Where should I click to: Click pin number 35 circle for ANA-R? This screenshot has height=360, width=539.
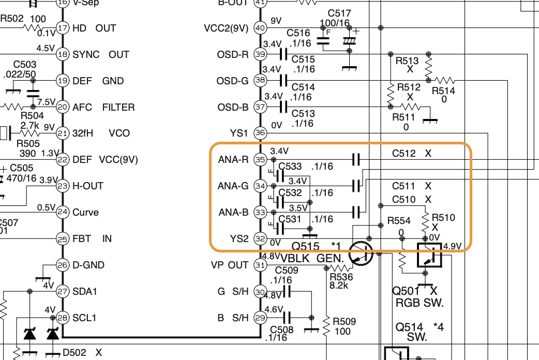tap(260, 160)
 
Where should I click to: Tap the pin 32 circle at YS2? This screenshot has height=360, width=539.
tap(260, 239)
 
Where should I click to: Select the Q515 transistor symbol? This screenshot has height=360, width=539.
tap(361, 253)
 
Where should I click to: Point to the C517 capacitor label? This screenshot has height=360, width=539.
tap(339, 13)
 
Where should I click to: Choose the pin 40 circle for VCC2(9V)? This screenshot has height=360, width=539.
tap(260, 28)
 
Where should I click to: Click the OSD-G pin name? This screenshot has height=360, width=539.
tap(232, 81)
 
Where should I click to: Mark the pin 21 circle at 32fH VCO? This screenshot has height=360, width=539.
tap(63, 133)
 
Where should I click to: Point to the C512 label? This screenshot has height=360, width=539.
tap(403, 154)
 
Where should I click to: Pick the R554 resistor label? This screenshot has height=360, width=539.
tap(398, 221)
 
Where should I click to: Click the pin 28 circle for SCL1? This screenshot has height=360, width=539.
tap(63, 318)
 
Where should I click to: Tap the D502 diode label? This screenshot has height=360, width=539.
tap(75, 353)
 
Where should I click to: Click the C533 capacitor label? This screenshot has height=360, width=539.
tap(291, 167)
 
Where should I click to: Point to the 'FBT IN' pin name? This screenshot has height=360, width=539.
tap(92, 239)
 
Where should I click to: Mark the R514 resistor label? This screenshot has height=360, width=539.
tap(443, 91)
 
